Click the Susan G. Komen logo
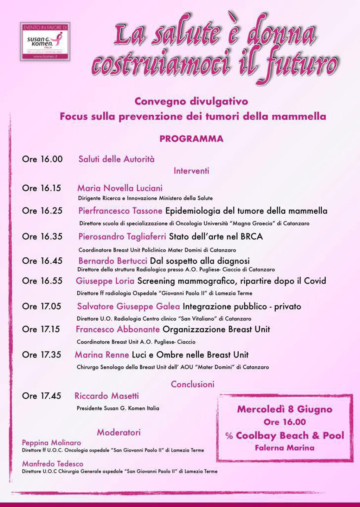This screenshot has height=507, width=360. (45, 41)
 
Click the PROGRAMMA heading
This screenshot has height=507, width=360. (191, 139)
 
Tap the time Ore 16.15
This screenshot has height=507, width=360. (41, 188)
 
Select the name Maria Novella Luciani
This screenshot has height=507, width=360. (120, 188)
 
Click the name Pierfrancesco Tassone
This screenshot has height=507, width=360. (120, 211)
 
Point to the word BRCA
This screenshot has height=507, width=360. (252, 237)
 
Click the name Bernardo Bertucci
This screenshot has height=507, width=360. (113, 261)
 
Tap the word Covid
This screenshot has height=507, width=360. (315, 281)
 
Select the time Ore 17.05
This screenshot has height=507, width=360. (41, 306)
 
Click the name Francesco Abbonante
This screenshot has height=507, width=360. (118, 329)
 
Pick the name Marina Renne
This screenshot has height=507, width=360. (102, 355)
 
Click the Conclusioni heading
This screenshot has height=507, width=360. (193, 384)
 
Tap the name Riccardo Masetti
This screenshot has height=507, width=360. (107, 396)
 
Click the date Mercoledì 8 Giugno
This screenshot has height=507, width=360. (284, 409)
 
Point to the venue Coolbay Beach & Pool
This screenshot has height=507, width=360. (290, 436)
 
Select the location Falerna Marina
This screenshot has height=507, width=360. (284, 448)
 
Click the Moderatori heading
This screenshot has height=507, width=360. (119, 432)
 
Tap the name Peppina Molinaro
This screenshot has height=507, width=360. (51, 443)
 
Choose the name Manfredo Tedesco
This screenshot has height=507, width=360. (53, 464)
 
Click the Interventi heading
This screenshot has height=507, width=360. (191, 171)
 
